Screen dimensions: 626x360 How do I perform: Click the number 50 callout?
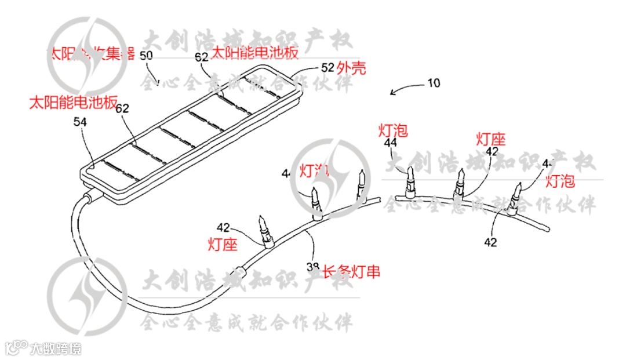(147, 56)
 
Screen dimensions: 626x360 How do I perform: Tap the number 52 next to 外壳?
(327, 68)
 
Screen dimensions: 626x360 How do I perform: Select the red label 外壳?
(351, 68)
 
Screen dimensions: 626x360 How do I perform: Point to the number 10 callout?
(434, 83)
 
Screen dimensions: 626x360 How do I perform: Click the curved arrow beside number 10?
(405, 88)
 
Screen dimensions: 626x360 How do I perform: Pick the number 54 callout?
(80, 122)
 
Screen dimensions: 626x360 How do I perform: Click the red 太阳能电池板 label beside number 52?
(255, 53)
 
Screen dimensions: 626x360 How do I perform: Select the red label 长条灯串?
(351, 271)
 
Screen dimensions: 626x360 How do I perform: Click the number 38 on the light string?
(313, 267)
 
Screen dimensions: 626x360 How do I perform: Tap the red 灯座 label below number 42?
(223, 245)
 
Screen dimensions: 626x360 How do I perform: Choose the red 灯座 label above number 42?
(491, 139)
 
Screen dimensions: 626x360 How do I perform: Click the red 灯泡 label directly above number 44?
(393, 130)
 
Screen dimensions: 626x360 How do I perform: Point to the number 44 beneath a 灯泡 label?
(391, 143)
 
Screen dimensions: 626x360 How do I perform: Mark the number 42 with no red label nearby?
(490, 242)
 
